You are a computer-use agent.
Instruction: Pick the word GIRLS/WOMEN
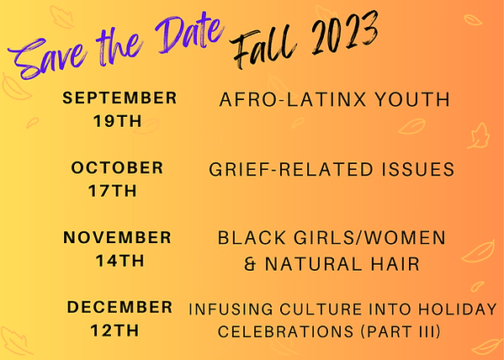point(364,239)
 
